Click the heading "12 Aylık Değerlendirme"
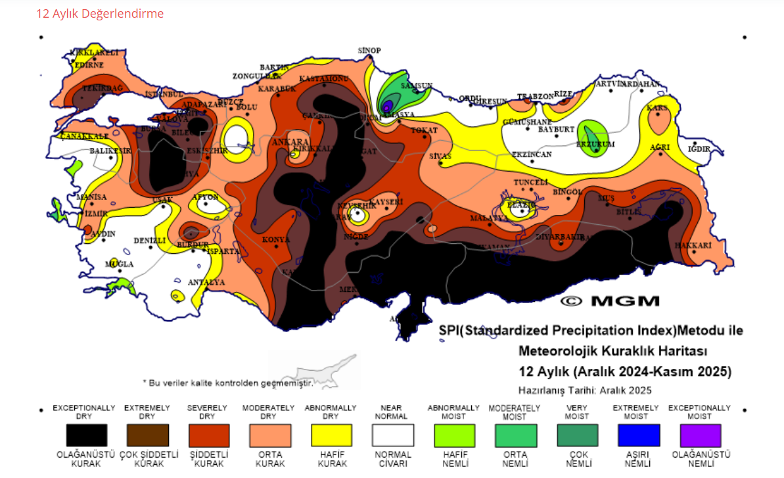(100, 14)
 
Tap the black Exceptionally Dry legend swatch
(86, 435)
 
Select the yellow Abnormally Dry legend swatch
(331, 435)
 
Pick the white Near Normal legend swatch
(392, 435)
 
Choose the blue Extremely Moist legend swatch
(639, 435)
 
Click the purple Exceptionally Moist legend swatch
(700, 435)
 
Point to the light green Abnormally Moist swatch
(453, 435)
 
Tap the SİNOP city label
(369, 51)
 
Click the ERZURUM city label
(595, 144)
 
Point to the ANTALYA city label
(206, 283)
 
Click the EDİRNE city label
(89, 65)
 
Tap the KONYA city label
(276, 240)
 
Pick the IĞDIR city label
(699, 149)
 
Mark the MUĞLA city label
(119, 264)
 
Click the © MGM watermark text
(609, 301)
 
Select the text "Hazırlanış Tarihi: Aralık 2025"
(585, 390)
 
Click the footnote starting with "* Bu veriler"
(228, 382)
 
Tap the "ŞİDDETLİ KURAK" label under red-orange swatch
(208, 459)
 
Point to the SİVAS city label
(440, 156)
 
